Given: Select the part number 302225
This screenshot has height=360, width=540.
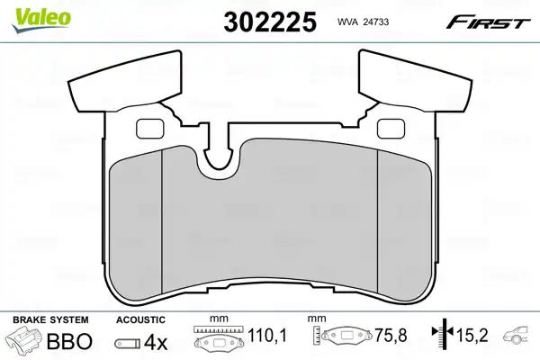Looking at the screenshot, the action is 270,22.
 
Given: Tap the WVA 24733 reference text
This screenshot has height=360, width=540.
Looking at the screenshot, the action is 363,22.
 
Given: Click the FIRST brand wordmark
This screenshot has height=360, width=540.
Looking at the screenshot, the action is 488,22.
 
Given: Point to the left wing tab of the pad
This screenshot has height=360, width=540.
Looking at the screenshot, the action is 125,82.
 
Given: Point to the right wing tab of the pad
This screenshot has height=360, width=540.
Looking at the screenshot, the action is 415,82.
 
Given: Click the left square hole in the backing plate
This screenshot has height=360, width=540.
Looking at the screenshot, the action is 150,129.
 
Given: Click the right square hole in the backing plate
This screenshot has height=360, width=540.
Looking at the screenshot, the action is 391,129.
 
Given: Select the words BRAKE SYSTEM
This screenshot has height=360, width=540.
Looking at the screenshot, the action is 50,319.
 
